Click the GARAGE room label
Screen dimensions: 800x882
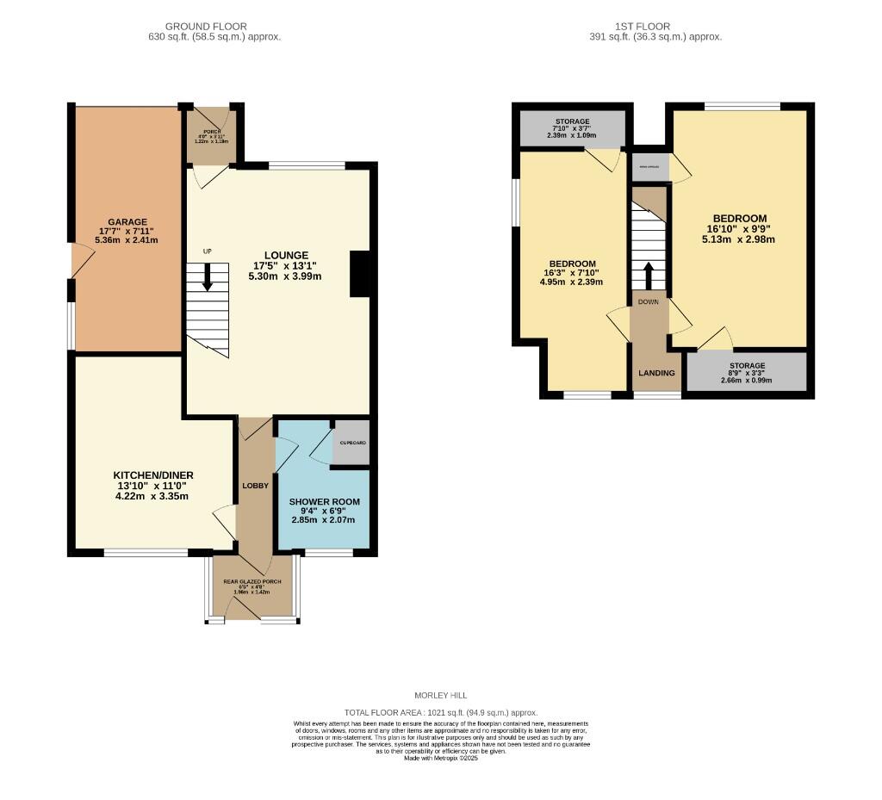(x=127, y=221)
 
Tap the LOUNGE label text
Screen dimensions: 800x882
(x=286, y=255)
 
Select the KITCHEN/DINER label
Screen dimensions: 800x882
(x=153, y=475)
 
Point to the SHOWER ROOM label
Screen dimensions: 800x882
(x=324, y=501)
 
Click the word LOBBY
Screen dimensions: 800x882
(x=255, y=486)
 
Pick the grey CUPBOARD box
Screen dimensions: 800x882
(x=351, y=443)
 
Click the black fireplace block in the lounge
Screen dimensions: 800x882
(x=360, y=274)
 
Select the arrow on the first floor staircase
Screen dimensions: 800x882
(x=649, y=275)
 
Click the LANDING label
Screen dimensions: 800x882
(x=656, y=373)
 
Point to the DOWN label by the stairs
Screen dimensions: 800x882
(x=648, y=302)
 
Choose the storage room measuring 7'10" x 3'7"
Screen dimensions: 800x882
(x=572, y=128)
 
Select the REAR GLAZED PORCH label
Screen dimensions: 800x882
(x=252, y=582)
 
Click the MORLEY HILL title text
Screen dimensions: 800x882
(x=442, y=695)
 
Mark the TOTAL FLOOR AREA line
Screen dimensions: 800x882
(x=440, y=712)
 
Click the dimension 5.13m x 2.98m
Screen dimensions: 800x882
(x=739, y=239)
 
